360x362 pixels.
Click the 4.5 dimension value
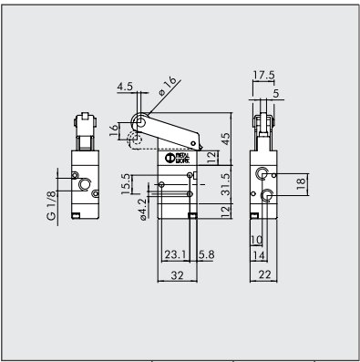(x=125, y=88)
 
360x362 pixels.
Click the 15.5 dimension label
(x=126, y=184)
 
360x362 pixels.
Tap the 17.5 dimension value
(x=265, y=76)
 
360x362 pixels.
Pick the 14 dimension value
(x=261, y=256)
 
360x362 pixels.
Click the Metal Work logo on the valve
(x=179, y=158)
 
